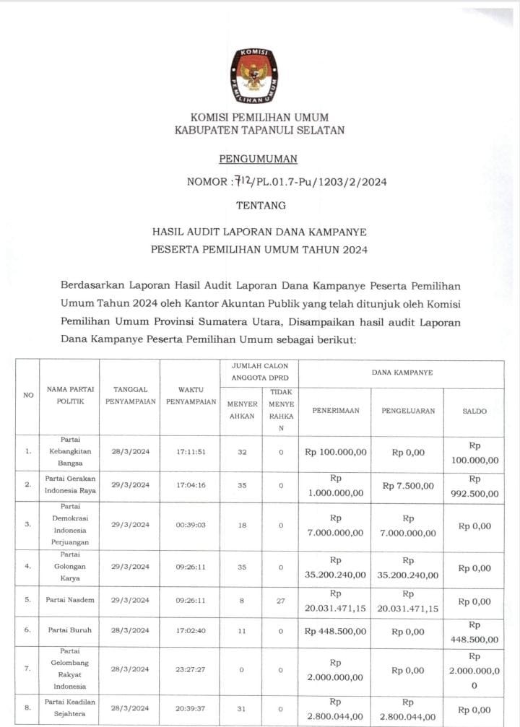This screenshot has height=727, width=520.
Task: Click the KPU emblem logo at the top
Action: click(254, 76)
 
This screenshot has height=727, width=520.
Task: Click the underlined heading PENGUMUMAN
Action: click(258, 160)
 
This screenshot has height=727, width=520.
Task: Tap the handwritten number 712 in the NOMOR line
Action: click(243, 181)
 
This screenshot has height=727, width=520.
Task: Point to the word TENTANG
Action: click(261, 206)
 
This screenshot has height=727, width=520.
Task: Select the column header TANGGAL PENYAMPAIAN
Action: click(131, 395)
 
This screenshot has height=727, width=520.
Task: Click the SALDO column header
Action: click(474, 411)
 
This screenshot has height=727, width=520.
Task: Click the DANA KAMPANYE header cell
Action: click(402, 373)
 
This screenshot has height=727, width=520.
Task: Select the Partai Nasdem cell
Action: click(71, 600)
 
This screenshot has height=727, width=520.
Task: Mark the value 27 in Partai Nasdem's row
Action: click(276, 600)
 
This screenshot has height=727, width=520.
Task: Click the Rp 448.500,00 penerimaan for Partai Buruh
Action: click(335, 631)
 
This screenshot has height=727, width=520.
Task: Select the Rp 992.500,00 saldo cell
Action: click(474, 486)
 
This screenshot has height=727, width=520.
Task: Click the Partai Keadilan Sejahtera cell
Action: click(71, 708)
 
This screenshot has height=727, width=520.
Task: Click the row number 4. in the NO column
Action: click(27, 567)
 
